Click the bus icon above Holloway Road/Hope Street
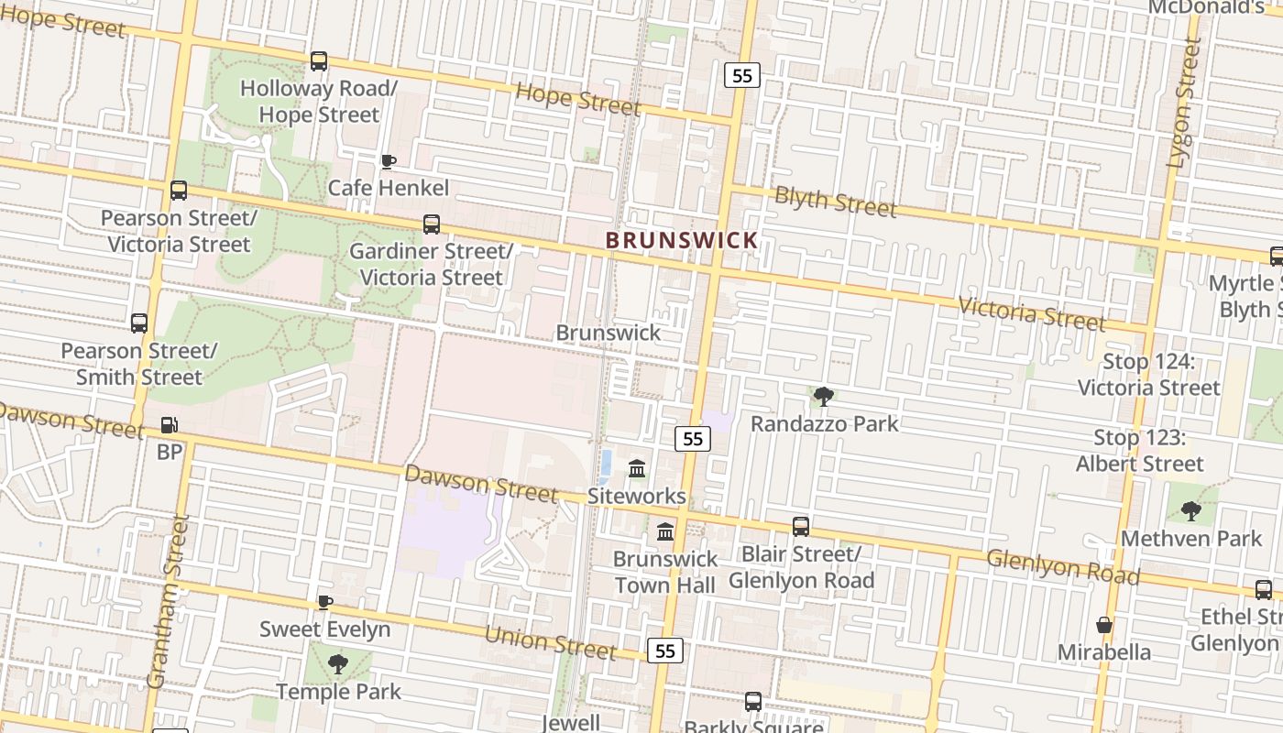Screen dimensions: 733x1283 coord(318,61)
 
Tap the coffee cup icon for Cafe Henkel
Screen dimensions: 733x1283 coord(389,161)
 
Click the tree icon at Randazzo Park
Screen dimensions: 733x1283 coord(824,397)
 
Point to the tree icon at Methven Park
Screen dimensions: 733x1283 coord(1190,511)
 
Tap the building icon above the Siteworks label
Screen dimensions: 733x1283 coord(638,469)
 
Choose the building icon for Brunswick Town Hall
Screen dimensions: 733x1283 coord(665,531)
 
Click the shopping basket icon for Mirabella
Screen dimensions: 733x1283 coord(1104,625)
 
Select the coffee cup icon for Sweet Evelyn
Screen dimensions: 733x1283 coord(324,602)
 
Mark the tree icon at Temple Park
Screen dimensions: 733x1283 coord(338,663)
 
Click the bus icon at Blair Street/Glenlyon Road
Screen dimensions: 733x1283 coord(800,527)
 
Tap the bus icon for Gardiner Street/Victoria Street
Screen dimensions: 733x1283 coord(431,224)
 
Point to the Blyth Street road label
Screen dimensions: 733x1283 coord(835,200)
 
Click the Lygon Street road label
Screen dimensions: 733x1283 coord(1183,103)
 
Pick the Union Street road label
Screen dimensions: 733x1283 coord(549,641)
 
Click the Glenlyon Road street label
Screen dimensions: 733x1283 coord(1062,566)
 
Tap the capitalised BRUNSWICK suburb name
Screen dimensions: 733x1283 coord(682,240)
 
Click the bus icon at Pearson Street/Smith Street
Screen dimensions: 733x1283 coord(139,323)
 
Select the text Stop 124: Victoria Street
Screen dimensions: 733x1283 coord(1148,375)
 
